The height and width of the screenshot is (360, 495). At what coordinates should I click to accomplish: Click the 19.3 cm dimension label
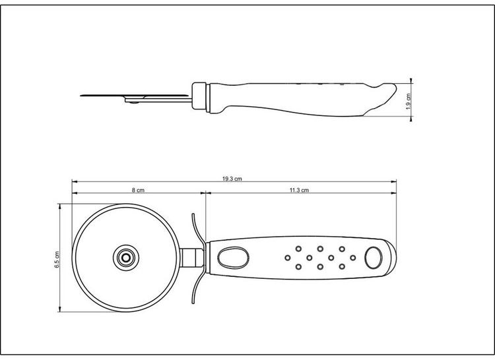pyautogui.click(x=233, y=178)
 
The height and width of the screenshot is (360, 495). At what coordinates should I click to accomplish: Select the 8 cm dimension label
pyautogui.click(x=137, y=190)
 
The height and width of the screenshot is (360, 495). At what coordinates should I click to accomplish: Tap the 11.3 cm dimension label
pyautogui.click(x=299, y=190)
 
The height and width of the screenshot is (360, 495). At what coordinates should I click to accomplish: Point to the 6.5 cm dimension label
pyautogui.click(x=57, y=259)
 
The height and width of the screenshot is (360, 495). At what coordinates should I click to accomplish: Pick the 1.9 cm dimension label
pyautogui.click(x=409, y=100)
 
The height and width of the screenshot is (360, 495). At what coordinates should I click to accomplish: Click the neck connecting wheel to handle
pyautogui.click(x=194, y=256)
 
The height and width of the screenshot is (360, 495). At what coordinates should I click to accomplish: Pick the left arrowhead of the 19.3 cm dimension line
pyautogui.click(x=74, y=181)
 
